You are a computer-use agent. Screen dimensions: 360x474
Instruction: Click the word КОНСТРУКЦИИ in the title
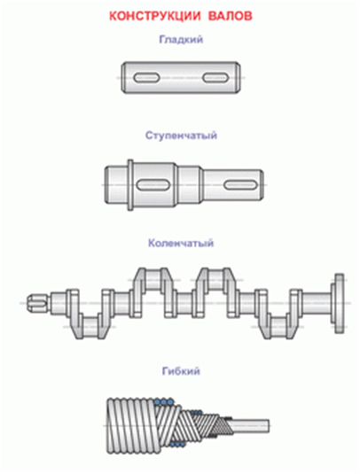click(x=154, y=16)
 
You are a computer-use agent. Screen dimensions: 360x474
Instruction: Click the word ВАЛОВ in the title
click(x=231, y=16)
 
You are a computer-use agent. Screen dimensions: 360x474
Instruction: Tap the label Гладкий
click(x=181, y=40)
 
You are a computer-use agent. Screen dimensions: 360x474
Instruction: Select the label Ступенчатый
click(x=181, y=136)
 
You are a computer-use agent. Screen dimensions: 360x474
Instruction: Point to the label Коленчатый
click(x=181, y=243)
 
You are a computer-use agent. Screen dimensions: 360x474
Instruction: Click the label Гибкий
click(x=181, y=371)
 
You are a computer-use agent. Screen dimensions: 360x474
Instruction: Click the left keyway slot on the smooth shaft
click(x=146, y=78)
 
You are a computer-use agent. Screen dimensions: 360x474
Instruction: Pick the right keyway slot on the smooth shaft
click(x=215, y=78)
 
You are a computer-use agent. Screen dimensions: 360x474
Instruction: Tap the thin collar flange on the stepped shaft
click(x=130, y=184)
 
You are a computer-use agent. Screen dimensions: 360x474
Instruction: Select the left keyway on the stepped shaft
click(x=153, y=184)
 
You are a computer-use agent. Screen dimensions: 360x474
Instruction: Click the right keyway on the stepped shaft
click(x=240, y=184)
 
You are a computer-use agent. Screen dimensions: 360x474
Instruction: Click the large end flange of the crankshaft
click(x=339, y=303)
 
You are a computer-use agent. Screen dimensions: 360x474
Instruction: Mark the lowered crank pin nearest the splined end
click(x=90, y=327)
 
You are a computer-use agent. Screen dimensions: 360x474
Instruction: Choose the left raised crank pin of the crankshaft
click(x=153, y=280)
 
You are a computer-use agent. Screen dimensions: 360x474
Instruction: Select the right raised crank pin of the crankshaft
click(x=216, y=280)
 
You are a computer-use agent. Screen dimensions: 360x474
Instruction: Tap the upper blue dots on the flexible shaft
click(x=164, y=402)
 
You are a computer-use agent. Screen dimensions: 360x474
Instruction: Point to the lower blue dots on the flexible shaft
click(x=178, y=444)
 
